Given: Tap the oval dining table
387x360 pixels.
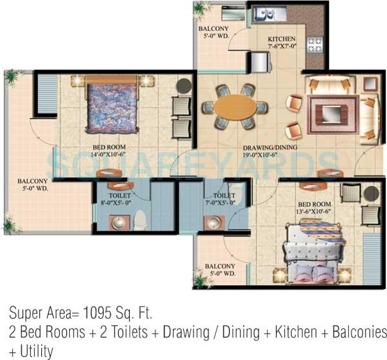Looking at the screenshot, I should coord(235,106).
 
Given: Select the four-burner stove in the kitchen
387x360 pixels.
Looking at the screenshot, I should coord(314,45).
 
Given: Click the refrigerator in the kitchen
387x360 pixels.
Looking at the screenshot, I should coord(261,63).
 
